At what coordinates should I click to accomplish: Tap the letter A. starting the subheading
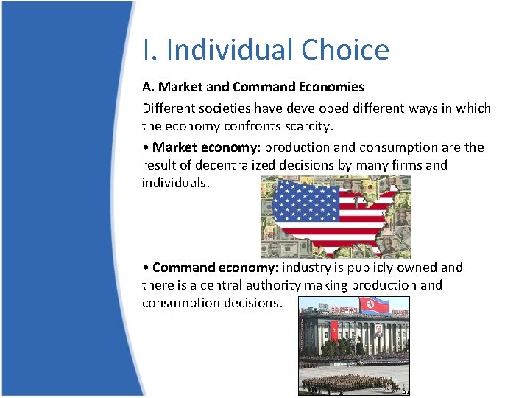pos(149,87)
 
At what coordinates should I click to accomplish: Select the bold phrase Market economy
pos(200,147)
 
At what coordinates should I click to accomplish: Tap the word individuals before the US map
pos(175,183)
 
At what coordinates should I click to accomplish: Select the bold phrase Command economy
pos(208,268)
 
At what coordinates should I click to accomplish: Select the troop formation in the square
pos(346,383)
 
